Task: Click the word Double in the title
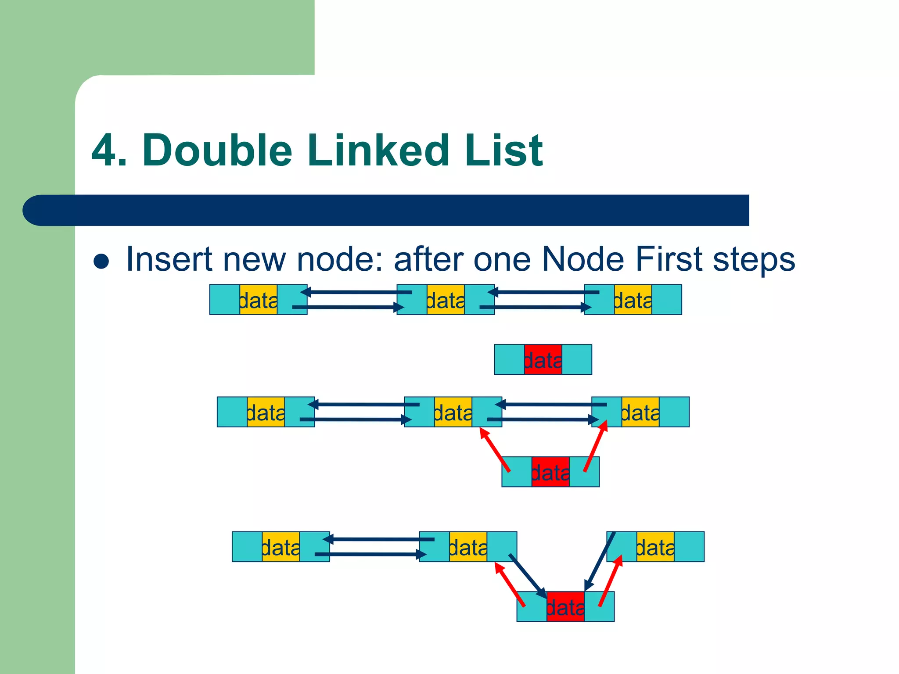[x=217, y=151]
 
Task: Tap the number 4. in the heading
[x=109, y=151]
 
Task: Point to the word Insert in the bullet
[x=169, y=259]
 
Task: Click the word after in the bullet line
[x=428, y=259]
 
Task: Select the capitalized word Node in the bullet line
[x=583, y=259]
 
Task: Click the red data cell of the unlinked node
[x=543, y=360]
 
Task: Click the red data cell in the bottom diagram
[x=565, y=607]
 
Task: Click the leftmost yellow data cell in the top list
[x=259, y=300]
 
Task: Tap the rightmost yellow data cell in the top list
[x=633, y=300]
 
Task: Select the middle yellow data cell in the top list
[x=446, y=300]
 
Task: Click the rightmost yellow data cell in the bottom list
[x=655, y=547]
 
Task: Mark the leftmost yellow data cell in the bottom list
[x=281, y=547]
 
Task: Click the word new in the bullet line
[x=254, y=260]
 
